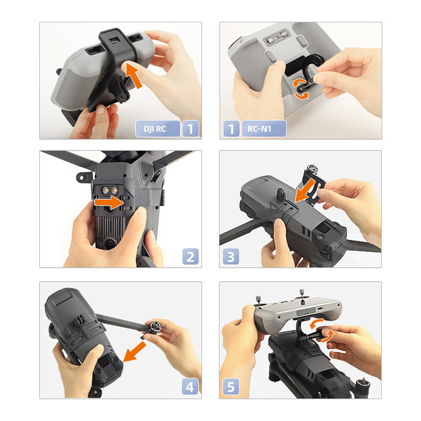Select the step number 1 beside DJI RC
(190, 129)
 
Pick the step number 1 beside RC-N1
(231, 129)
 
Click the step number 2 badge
(190, 257)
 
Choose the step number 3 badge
(231, 257)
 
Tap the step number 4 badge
(190, 387)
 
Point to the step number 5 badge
(231, 387)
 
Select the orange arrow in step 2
(109, 203)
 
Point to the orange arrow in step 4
(134, 352)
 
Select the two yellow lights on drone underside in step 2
(109, 190)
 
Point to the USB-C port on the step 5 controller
(320, 308)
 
